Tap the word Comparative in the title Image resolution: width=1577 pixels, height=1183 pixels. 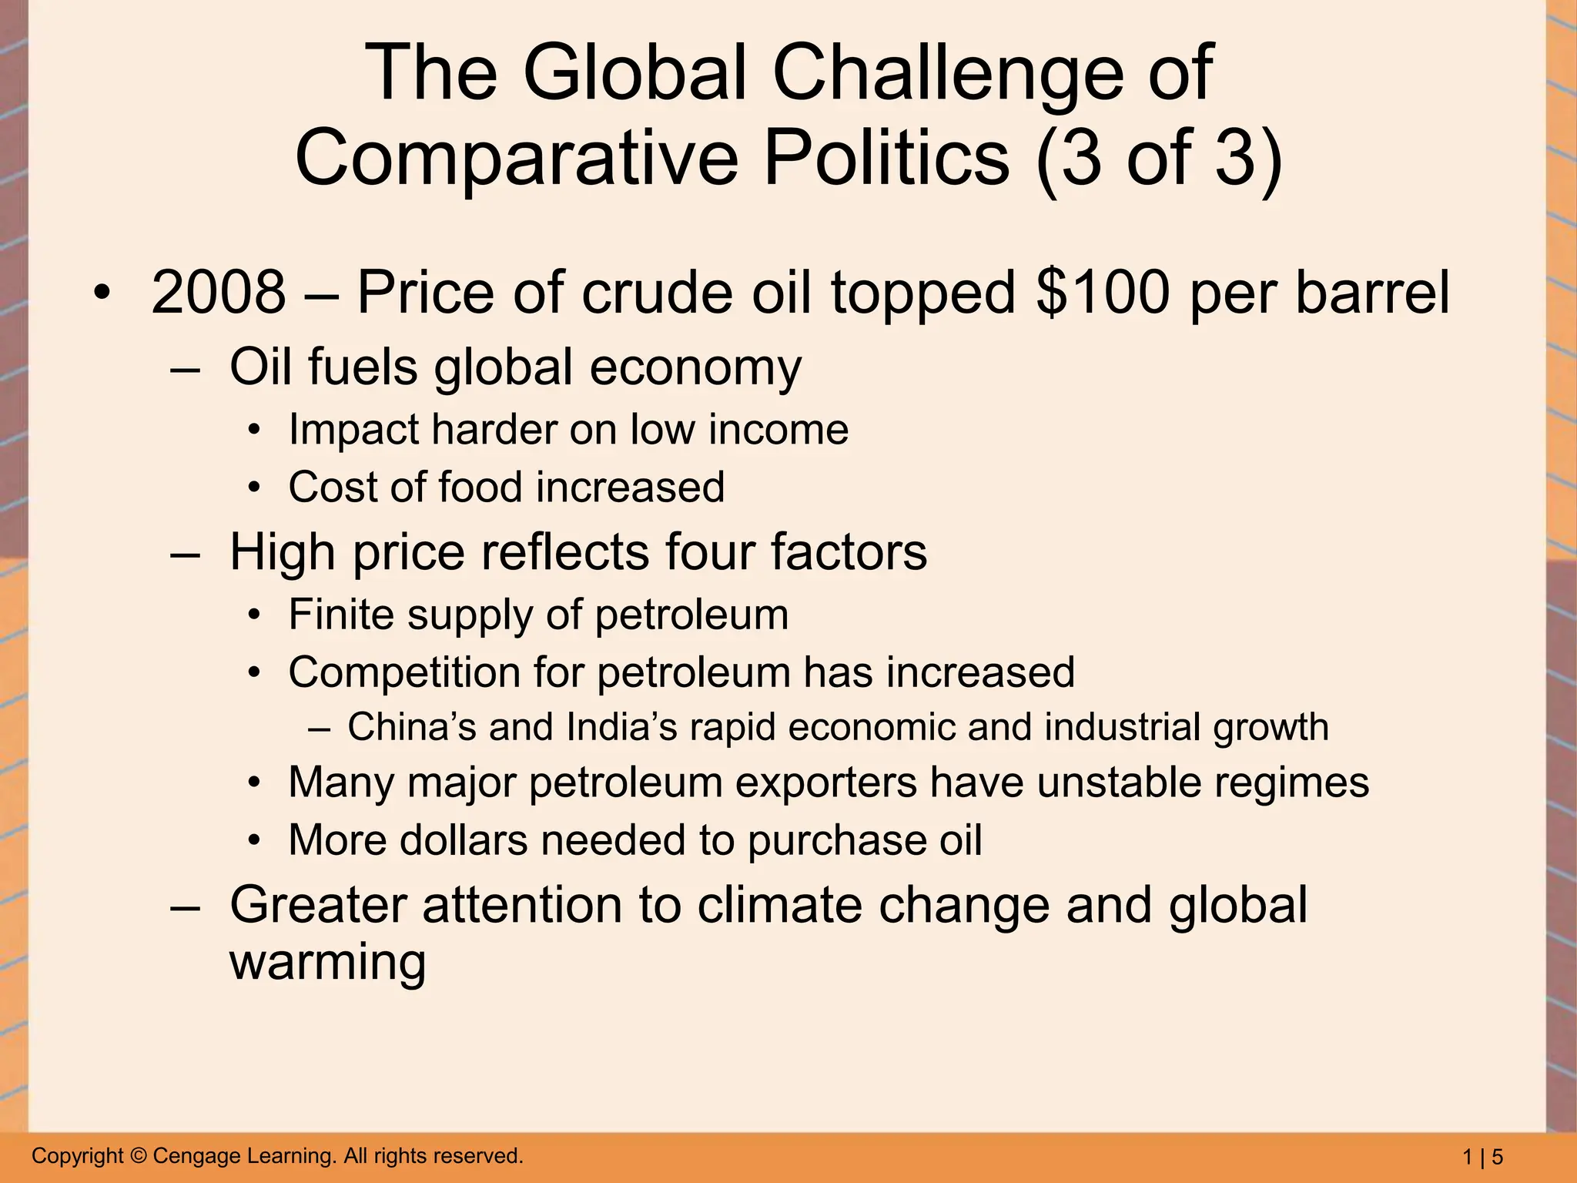(x=516, y=158)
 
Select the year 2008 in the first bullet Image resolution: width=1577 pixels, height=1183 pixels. (x=219, y=293)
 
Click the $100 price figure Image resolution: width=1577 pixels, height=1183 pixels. (x=1103, y=293)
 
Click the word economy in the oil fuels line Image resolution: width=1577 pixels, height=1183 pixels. (x=695, y=367)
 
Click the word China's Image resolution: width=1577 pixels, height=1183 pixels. (x=412, y=727)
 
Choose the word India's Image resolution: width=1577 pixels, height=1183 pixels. (x=621, y=727)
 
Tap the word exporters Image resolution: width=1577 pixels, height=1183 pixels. (x=825, y=783)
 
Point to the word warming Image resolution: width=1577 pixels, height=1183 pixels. (x=328, y=963)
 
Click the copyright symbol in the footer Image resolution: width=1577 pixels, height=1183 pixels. (x=139, y=1156)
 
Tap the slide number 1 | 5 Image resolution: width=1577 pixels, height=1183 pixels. (x=1482, y=1157)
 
